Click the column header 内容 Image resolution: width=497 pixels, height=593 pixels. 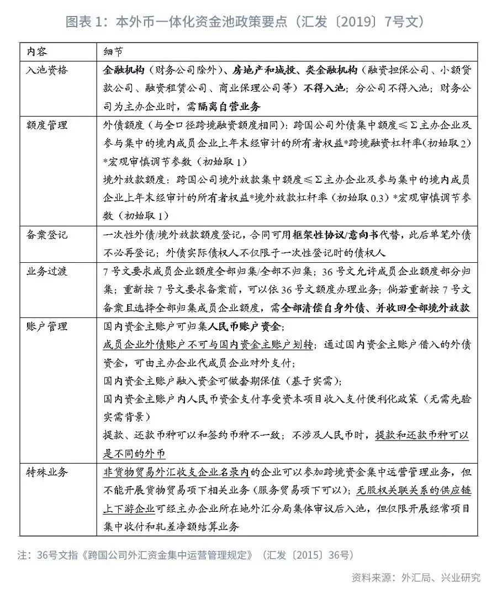37,51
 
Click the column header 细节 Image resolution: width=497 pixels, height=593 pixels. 114,51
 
